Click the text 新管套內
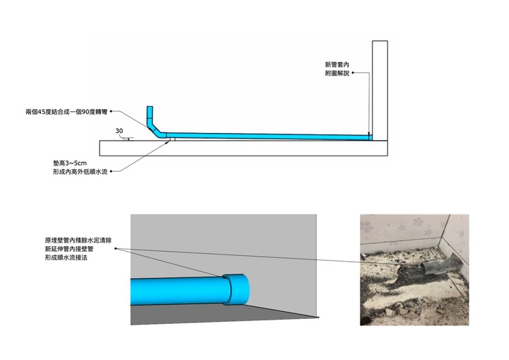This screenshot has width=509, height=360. [337, 64]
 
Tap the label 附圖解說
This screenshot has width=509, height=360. [337, 73]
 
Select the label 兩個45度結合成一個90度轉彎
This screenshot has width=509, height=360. [66, 112]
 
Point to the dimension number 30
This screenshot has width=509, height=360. [119, 131]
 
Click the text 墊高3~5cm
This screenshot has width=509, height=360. [70, 163]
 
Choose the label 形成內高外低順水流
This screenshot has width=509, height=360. [80, 172]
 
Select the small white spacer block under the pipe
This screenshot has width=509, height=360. [172, 139]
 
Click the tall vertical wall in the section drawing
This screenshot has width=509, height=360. [380, 91]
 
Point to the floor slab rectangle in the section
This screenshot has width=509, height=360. [243, 148]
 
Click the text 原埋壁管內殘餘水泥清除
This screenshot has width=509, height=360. [78, 240]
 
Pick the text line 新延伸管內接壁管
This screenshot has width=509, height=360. [69, 249]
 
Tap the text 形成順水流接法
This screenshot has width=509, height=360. [66, 257]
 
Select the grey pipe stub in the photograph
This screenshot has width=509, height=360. [439, 265]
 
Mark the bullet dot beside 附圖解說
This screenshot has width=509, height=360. [353, 73]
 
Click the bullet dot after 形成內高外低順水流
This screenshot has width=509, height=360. [111, 171]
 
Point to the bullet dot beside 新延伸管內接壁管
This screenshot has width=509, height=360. [115, 248]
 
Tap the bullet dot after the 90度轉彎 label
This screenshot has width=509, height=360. [111, 112]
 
